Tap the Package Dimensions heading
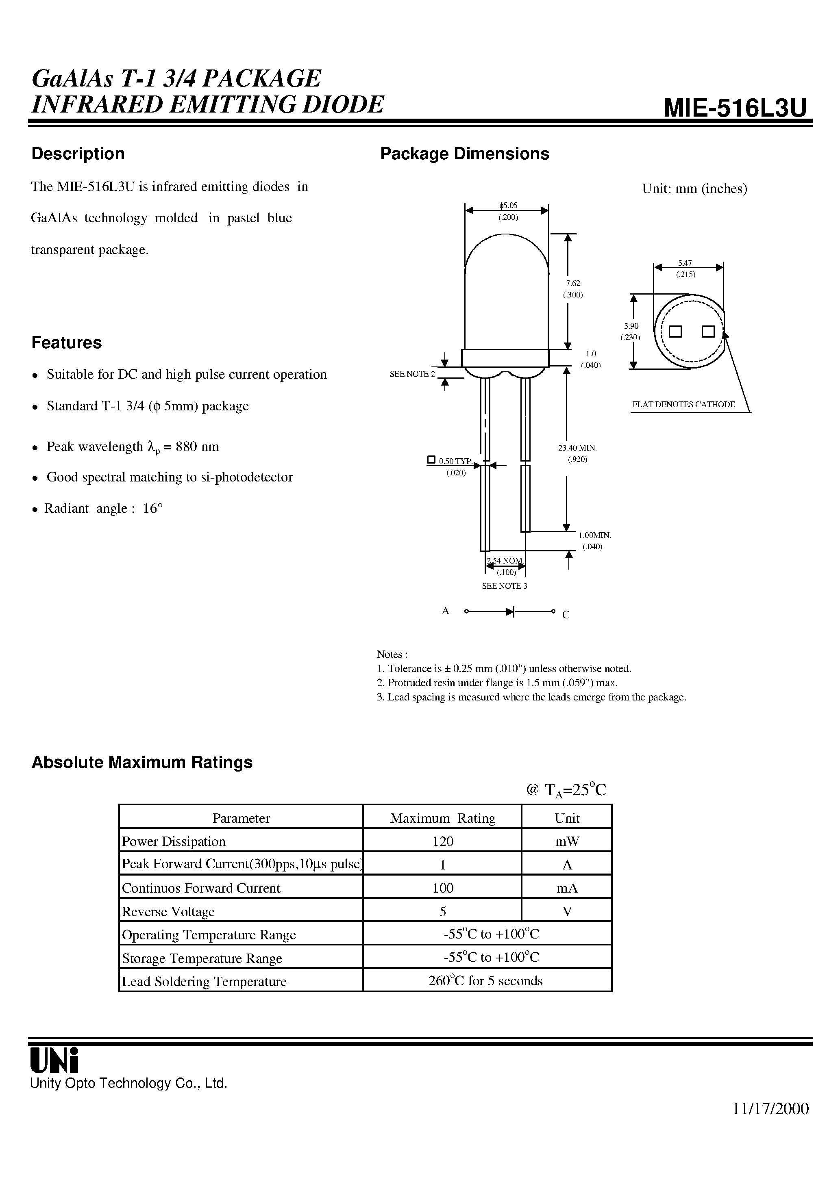point(465,154)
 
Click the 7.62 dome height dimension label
point(573,283)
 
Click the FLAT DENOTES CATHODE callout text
point(683,404)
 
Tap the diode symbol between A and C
point(510,611)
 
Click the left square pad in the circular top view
point(675,331)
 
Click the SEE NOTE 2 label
point(412,373)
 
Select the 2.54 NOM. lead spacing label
point(505,561)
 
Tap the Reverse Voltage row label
point(168,912)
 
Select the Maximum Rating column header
point(442,818)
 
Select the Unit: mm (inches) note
point(694,189)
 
